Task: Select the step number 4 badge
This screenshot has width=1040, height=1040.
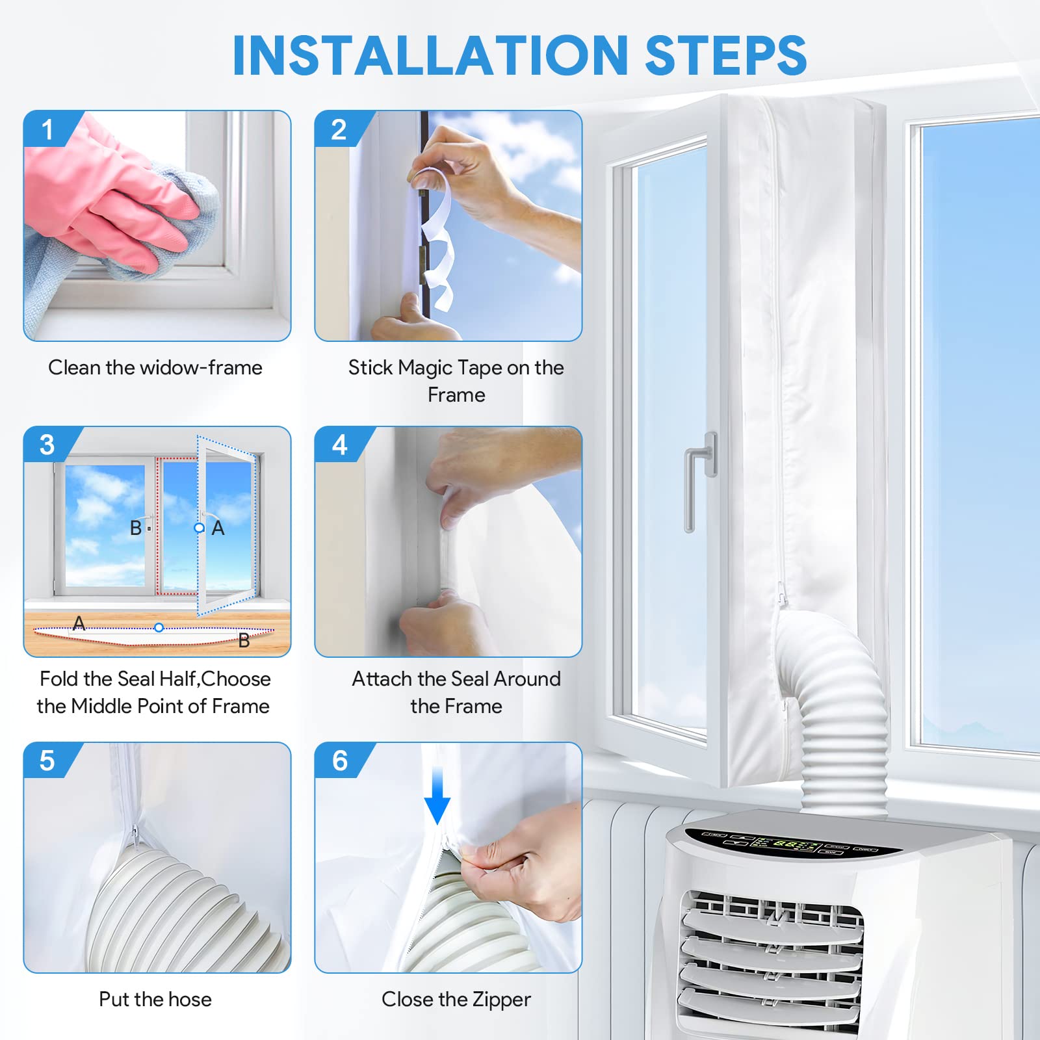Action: pyautogui.click(x=339, y=445)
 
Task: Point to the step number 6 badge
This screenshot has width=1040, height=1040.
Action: pyautogui.click(x=339, y=760)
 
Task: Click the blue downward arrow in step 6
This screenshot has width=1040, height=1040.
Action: pyautogui.click(x=437, y=795)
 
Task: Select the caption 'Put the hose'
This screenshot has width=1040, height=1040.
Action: pyautogui.click(x=155, y=999)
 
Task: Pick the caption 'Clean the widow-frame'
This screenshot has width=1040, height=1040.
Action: pyautogui.click(x=155, y=367)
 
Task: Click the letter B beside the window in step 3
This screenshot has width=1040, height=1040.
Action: pyautogui.click(x=136, y=528)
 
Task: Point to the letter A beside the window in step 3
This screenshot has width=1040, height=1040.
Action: pyautogui.click(x=218, y=528)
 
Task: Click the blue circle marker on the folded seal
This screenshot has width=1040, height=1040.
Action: pyautogui.click(x=159, y=627)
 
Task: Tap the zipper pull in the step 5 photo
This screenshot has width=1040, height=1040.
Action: pyautogui.click(x=135, y=835)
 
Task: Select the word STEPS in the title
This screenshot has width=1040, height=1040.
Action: pyautogui.click(x=726, y=55)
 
